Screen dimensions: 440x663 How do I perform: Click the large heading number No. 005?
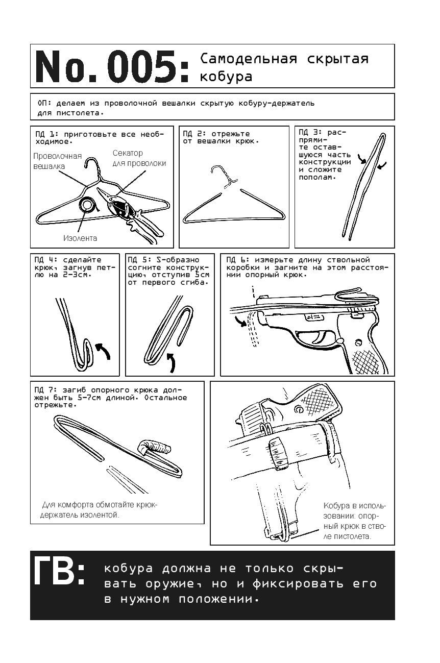click(112, 66)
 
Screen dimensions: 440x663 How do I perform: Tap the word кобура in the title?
click(226, 77)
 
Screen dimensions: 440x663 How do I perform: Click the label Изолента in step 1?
click(80, 238)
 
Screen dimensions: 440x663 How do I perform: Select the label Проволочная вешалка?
click(58, 161)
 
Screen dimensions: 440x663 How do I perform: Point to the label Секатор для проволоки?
click(139, 158)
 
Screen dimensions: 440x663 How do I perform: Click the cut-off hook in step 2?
click(224, 177)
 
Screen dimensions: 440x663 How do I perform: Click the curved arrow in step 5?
click(171, 362)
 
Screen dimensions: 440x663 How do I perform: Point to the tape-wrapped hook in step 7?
click(153, 447)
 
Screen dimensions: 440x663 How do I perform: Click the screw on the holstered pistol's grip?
click(298, 409)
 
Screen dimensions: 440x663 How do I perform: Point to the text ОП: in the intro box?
click(44, 103)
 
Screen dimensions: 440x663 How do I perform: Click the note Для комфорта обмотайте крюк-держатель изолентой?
click(99, 509)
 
